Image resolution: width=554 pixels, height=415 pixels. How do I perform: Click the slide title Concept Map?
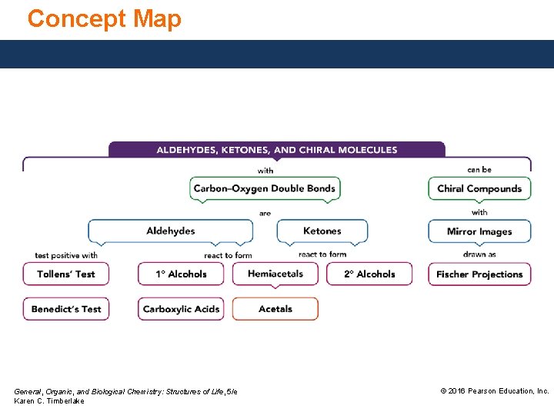[105, 18]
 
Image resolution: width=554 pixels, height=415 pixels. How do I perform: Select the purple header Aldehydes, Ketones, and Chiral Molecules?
[277, 150]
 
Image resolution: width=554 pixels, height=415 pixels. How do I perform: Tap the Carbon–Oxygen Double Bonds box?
[265, 188]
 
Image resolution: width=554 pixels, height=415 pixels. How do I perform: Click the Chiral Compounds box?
[479, 188]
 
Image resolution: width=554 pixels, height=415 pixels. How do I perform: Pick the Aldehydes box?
[171, 231]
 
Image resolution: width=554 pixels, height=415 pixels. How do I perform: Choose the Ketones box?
[322, 231]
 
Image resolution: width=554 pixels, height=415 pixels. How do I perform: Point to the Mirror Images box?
[479, 231]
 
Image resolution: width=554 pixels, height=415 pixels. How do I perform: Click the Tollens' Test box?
[65, 274]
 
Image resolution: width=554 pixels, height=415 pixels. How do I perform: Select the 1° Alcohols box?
[181, 274]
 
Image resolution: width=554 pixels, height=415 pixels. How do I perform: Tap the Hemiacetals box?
[275, 274]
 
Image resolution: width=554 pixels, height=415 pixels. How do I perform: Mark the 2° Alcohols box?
[369, 274]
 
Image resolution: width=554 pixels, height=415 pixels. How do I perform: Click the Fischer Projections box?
[479, 274]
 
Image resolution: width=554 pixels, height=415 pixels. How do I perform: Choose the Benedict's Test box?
[66, 309]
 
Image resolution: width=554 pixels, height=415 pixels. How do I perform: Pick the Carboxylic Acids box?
[181, 309]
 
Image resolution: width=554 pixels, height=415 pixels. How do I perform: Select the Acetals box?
[275, 309]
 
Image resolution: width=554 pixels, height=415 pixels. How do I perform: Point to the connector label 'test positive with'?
[66, 255]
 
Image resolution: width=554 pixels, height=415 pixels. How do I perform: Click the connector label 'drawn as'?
[479, 254]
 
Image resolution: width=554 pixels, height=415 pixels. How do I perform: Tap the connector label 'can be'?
[479, 170]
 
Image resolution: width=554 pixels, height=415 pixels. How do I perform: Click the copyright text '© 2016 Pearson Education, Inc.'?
[494, 391]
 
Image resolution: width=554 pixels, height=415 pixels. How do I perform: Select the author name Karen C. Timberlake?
[49, 401]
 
